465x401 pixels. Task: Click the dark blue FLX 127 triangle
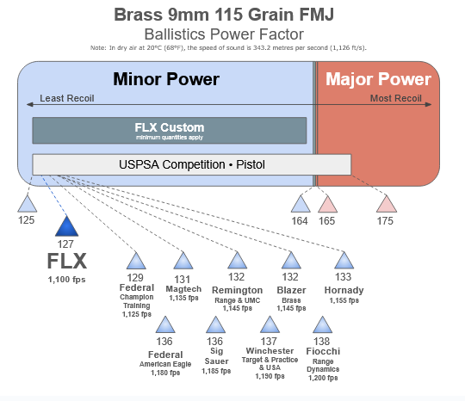pyautogui.click(x=66, y=226)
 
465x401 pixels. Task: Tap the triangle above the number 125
pyautogui.click(x=28, y=204)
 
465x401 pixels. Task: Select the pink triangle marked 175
pyautogui.click(x=387, y=204)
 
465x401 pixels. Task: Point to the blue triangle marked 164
pyautogui.click(x=301, y=204)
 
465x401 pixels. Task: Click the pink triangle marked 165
pyautogui.click(x=328, y=204)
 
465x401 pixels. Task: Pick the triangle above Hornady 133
pyautogui.click(x=344, y=261)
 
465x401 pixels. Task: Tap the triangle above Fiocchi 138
pyautogui.click(x=322, y=325)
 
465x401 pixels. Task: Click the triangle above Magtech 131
pyautogui.click(x=183, y=261)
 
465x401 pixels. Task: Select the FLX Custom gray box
pyautogui.click(x=170, y=131)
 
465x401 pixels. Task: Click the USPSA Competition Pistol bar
pyautogui.click(x=191, y=164)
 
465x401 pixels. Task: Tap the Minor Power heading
pyautogui.click(x=166, y=79)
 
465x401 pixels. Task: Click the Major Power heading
pyautogui.click(x=378, y=79)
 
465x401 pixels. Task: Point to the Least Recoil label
pyautogui.click(x=67, y=98)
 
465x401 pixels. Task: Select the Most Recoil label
pyautogui.click(x=396, y=98)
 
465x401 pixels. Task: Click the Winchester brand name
pyautogui.click(x=270, y=351)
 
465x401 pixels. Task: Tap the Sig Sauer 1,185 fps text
pyautogui.click(x=216, y=371)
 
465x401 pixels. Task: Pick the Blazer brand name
pyautogui.click(x=291, y=290)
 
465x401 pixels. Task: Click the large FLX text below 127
pyautogui.click(x=67, y=261)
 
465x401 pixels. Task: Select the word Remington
pyautogui.click(x=238, y=290)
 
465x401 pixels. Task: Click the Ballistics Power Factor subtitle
pyautogui.click(x=224, y=34)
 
